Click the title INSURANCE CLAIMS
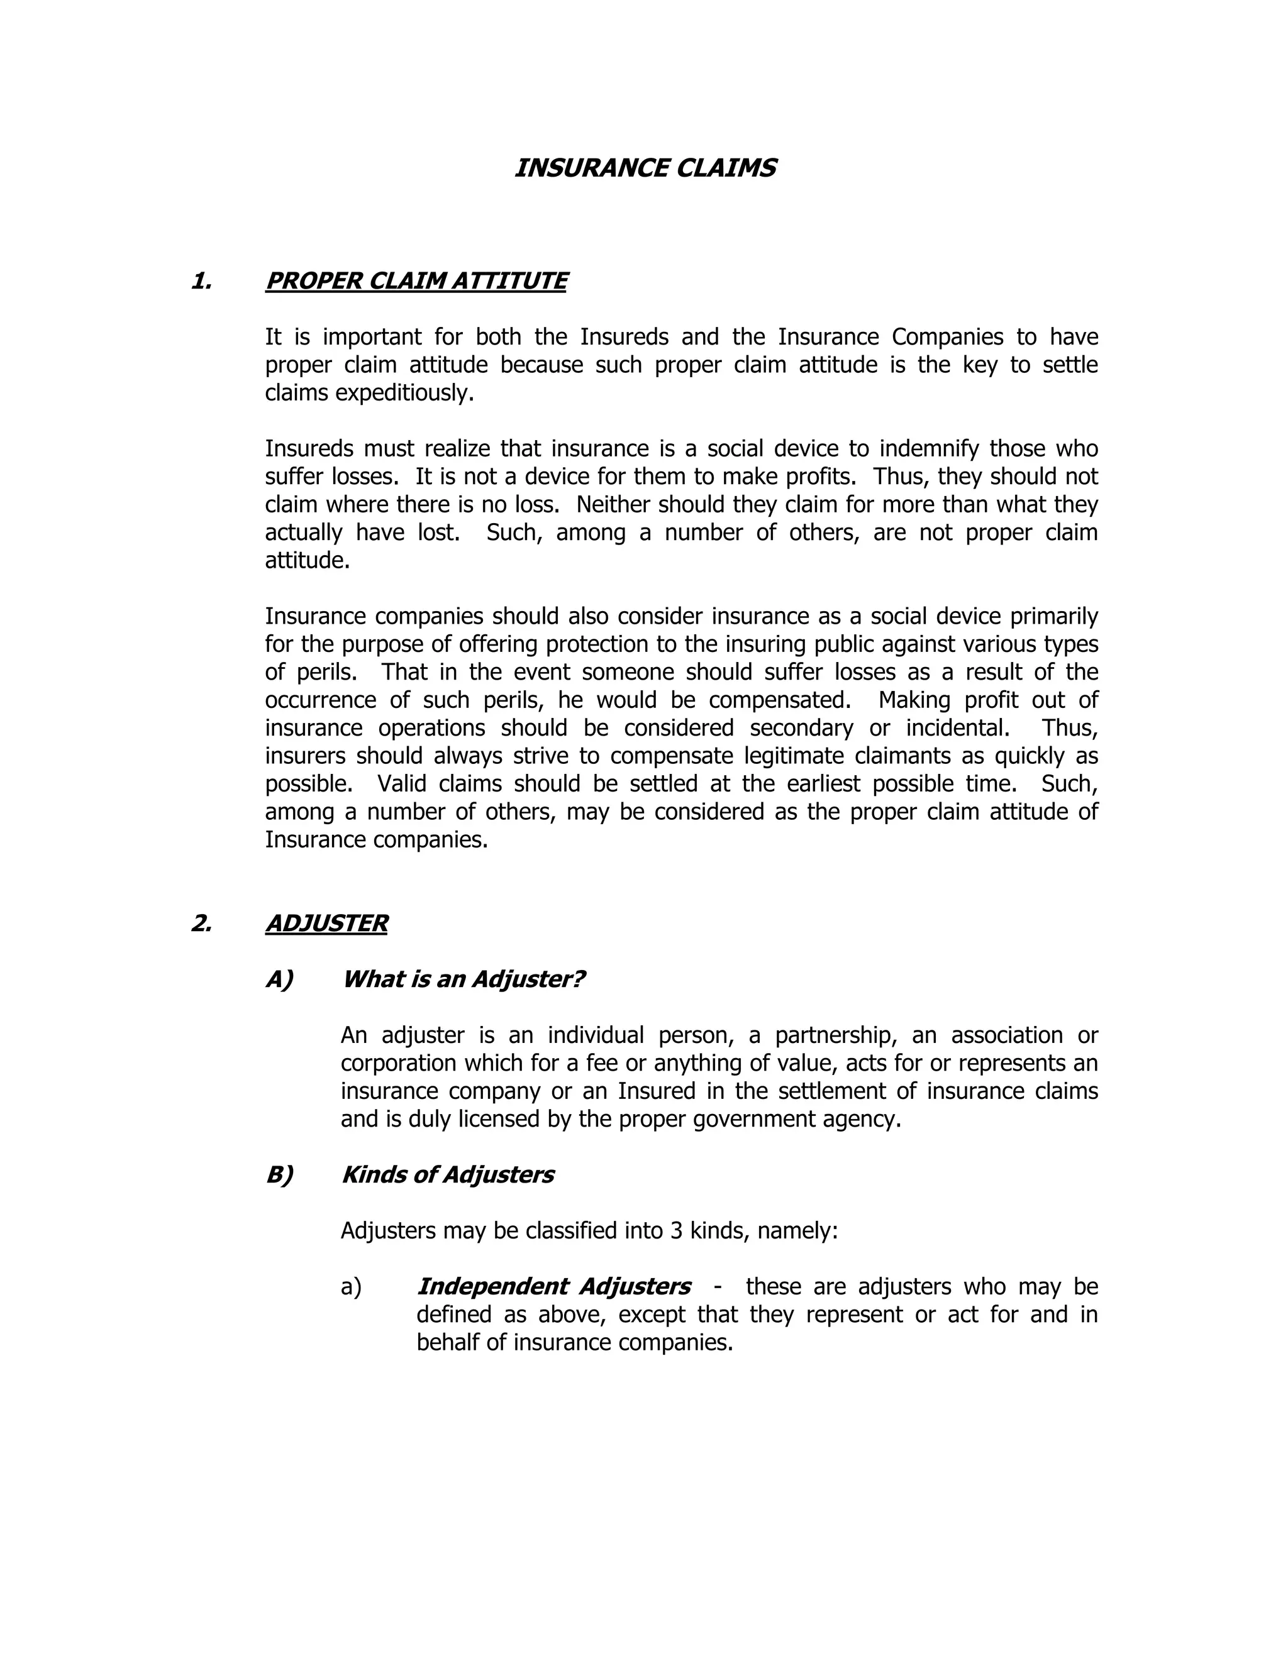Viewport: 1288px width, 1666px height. pyautogui.click(x=645, y=168)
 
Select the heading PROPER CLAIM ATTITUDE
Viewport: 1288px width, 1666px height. pyautogui.click(x=416, y=281)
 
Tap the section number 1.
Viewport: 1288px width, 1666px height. pyautogui.click(x=201, y=281)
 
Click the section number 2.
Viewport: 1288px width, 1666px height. pyautogui.click(x=201, y=923)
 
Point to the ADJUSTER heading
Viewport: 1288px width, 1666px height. pyautogui.click(x=326, y=923)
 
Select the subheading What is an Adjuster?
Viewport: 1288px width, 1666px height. pyautogui.click(x=463, y=979)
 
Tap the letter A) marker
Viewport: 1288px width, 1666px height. pyautogui.click(x=279, y=979)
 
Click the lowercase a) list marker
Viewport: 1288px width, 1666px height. pyautogui.click(x=351, y=1287)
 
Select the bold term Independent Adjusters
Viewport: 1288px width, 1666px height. pyautogui.click(x=553, y=1286)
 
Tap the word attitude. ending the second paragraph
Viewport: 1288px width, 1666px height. pyautogui.click(x=307, y=561)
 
